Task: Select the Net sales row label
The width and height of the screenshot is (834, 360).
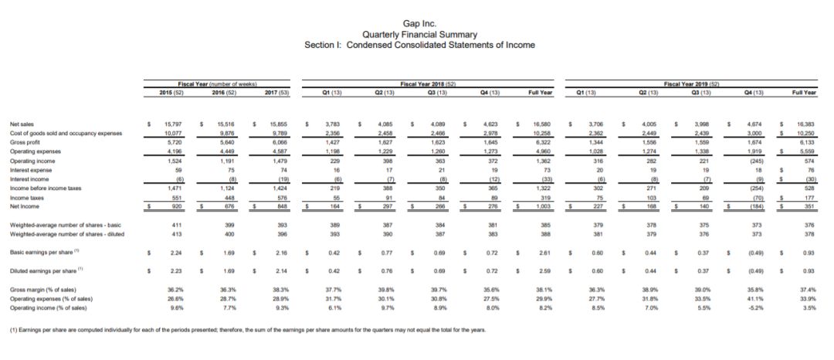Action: click(21, 124)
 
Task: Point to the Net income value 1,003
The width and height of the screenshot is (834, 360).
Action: click(542, 206)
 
